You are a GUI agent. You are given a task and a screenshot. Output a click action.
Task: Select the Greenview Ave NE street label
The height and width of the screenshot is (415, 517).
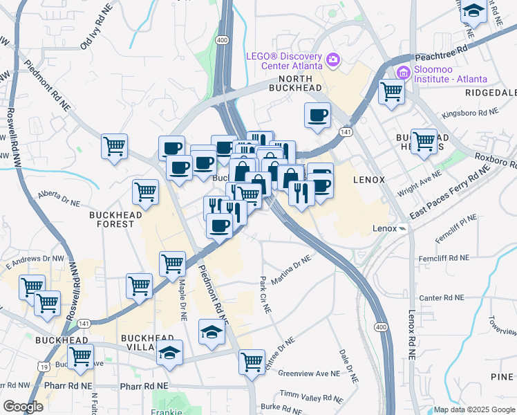pyautogui.click(x=308, y=373)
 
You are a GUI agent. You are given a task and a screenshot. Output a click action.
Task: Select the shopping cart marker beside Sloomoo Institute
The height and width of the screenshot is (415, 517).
pyautogui.click(x=392, y=91)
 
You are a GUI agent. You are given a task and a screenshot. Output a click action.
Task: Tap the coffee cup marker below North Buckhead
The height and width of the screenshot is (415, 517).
pyautogui.click(x=318, y=116)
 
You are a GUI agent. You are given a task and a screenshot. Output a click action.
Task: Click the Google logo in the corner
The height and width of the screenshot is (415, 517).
pyautogui.click(x=22, y=407)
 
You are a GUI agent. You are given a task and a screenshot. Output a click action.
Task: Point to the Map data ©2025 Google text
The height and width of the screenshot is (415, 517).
pyautogui.click(x=473, y=409)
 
